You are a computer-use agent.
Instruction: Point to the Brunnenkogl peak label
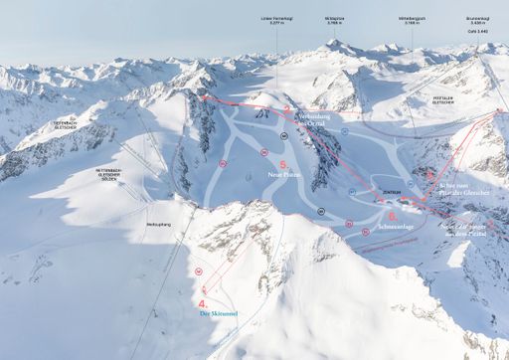click(x=478, y=19)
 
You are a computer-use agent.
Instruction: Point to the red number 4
click(x=203, y=302)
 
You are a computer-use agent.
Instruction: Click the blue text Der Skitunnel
click(x=217, y=314)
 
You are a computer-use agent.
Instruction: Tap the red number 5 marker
click(x=284, y=161)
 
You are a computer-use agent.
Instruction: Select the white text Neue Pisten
click(x=283, y=172)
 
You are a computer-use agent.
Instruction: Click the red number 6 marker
click(x=393, y=215)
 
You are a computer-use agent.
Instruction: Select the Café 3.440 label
click(x=478, y=31)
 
